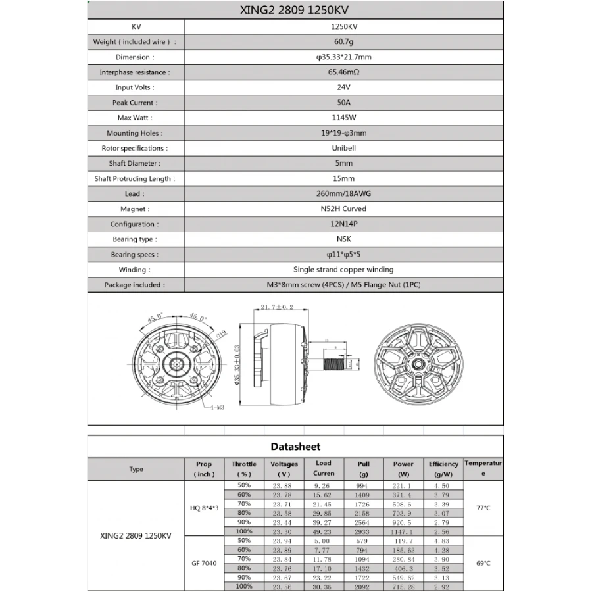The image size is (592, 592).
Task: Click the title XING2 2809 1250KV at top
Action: pos(295,11)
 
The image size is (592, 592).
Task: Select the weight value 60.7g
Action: pos(343,41)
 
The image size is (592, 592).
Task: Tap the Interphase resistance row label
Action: pos(134,72)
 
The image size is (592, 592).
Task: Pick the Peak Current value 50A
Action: pos(343,103)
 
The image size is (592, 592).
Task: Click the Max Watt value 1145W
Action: pos(343,118)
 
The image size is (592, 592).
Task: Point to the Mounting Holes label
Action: pos(134,133)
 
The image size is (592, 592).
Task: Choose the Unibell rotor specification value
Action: pos(343,148)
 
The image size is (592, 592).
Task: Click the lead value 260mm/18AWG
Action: pos(343,194)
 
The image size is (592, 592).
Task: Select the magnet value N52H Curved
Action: pos(343,209)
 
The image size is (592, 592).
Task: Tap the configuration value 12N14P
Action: pos(343,224)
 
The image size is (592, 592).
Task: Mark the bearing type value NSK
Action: pos(343,239)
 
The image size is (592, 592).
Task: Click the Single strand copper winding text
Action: pos(343,270)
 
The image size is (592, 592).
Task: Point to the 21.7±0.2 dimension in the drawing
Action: pos(277,307)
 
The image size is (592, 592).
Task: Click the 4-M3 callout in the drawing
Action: pos(217,408)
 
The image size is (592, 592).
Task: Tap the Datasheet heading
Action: pos(295,447)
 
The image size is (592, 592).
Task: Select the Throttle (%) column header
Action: pos(244,469)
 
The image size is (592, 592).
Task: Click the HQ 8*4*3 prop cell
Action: pos(205,508)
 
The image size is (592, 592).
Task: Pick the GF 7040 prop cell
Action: pos(205,563)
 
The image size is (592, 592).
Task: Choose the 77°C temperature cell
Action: pos(483,508)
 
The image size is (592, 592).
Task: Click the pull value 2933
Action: pos(363,531)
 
